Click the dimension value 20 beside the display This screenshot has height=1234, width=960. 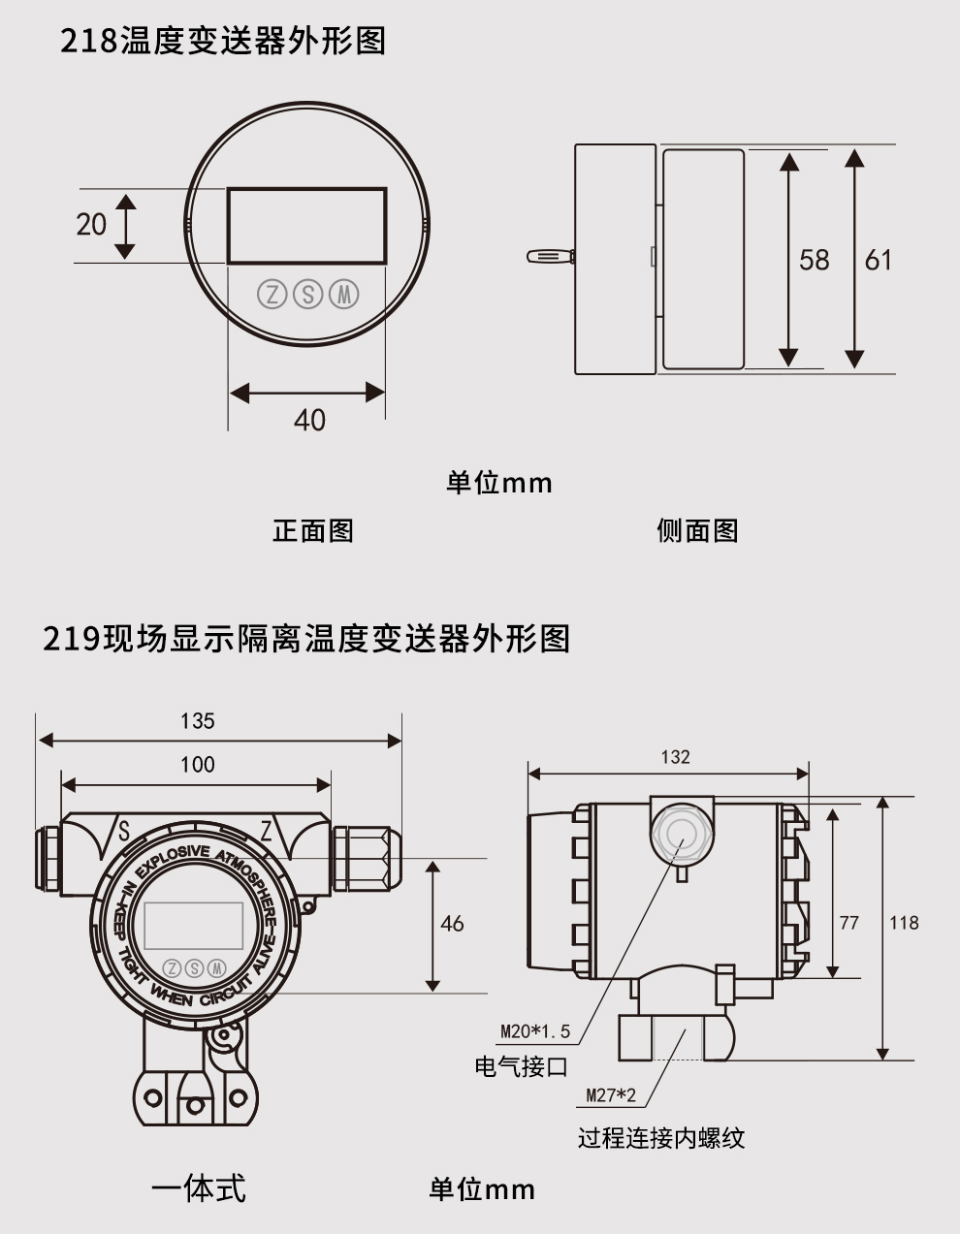[x=91, y=224]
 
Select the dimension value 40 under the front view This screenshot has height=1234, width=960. [x=309, y=420]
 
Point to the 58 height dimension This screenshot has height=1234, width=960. [x=814, y=260]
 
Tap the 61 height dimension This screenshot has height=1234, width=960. [x=878, y=260]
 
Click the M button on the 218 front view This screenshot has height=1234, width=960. [x=343, y=294]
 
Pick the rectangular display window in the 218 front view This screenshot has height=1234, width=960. [x=307, y=226]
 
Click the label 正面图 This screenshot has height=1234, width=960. [x=312, y=530]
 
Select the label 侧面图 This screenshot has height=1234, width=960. [x=697, y=530]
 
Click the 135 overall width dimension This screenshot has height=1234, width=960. [x=198, y=721]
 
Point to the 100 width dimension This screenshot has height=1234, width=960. [x=198, y=765]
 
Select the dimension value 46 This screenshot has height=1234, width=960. [x=452, y=924]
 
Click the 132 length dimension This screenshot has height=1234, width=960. [x=675, y=757]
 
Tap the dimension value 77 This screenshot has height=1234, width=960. [x=848, y=923]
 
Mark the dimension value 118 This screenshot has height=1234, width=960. [x=904, y=923]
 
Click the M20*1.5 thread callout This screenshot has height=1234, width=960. [x=535, y=1031]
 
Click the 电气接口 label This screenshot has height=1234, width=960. [x=521, y=1067]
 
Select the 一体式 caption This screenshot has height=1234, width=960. [x=199, y=1187]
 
